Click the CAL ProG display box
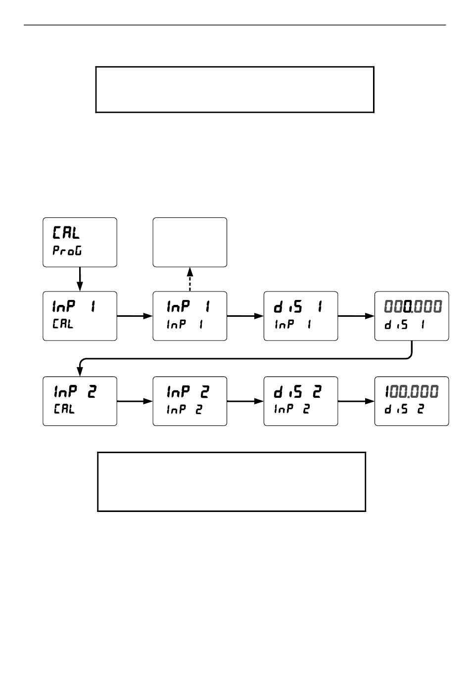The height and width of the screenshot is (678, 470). pyautogui.click(x=80, y=242)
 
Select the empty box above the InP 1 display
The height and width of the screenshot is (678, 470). pyautogui.click(x=189, y=242)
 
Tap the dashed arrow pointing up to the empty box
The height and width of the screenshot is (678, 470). pyautogui.click(x=189, y=279)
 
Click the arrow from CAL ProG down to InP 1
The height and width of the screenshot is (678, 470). pyautogui.click(x=80, y=279)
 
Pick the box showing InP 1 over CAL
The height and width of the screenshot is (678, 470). pyautogui.click(x=80, y=316)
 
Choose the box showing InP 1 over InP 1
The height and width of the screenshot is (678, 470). pyautogui.click(x=189, y=316)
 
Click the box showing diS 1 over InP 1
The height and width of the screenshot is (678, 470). pyautogui.click(x=300, y=316)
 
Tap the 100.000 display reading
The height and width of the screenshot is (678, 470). pyautogui.click(x=412, y=392)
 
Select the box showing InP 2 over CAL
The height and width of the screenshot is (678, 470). pyautogui.click(x=80, y=401)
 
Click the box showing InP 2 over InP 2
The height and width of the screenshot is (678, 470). pyautogui.click(x=189, y=401)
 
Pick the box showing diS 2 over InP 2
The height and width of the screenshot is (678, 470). pyautogui.click(x=300, y=401)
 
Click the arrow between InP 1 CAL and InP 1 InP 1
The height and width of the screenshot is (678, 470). pyautogui.click(x=135, y=316)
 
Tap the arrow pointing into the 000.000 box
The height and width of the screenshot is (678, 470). pyautogui.click(x=356, y=316)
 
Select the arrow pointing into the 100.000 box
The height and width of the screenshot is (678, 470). pyautogui.click(x=356, y=401)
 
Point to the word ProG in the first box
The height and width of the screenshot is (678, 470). pyautogui.click(x=67, y=251)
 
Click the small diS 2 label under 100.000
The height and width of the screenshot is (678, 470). pyautogui.click(x=404, y=409)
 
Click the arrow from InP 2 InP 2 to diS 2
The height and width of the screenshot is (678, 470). pyautogui.click(x=245, y=401)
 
